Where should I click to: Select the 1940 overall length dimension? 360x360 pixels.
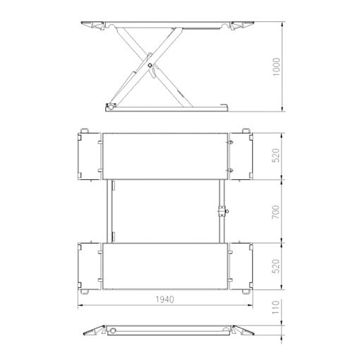pyautogui.click(x=164, y=299)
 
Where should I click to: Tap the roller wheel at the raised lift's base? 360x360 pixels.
pyautogui.click(x=109, y=107)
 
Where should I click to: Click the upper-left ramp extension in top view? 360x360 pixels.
pyautogui.click(x=89, y=155)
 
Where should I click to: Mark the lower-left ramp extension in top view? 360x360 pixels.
pyautogui.click(x=89, y=266)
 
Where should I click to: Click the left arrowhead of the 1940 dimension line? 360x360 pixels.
pyautogui.click(x=79, y=306)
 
